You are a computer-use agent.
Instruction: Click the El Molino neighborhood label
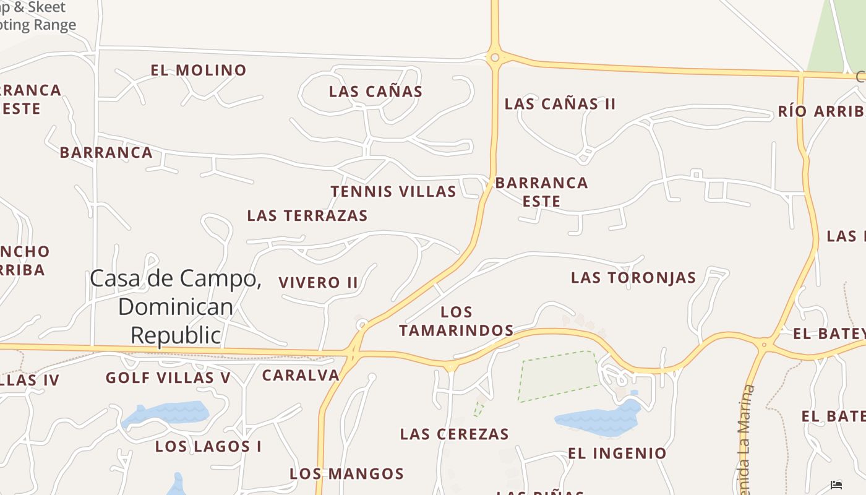199,71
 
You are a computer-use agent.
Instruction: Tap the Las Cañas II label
560,104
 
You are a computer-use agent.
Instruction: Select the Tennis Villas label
393,192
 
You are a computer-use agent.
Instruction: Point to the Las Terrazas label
307,216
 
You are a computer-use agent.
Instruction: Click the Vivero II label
318,283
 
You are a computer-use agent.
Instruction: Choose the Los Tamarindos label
457,321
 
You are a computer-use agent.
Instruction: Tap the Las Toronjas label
633,278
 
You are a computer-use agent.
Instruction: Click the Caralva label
301,376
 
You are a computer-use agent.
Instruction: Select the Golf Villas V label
168,378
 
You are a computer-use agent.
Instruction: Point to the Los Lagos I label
208,447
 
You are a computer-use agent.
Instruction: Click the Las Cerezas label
455,434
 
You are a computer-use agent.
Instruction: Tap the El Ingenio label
617,454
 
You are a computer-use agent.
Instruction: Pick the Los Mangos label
346,474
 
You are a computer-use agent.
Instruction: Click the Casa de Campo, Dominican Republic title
176,306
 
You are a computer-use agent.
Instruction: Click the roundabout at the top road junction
494,58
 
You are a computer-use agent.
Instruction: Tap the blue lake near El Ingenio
597,420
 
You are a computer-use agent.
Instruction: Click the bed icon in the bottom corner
836,485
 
